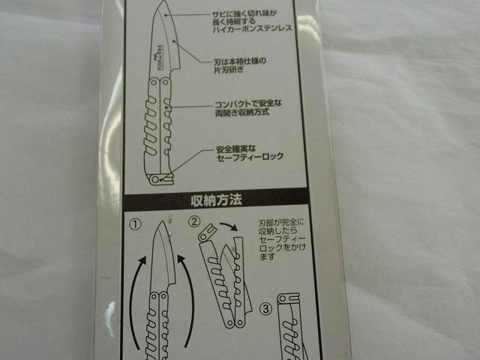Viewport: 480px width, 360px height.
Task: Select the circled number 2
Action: pos(193,221)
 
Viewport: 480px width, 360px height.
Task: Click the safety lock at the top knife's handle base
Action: pos(159,180)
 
